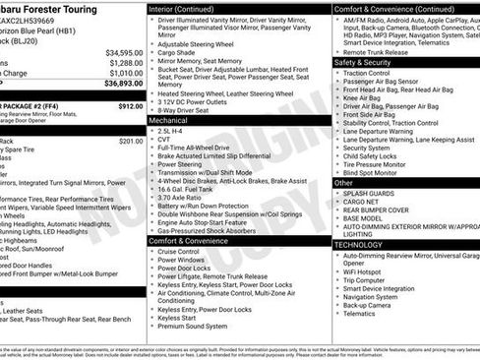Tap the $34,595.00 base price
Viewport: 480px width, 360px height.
click(124, 52)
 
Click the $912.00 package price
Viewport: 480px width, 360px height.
click(131, 105)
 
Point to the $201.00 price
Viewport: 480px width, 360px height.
click(131, 141)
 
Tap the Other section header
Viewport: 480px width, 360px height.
click(343, 183)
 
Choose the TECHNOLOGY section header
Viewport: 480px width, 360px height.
click(357, 244)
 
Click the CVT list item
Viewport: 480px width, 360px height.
click(163, 140)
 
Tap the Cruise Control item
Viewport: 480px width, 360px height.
click(178, 251)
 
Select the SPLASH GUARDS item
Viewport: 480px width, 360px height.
click(370, 194)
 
